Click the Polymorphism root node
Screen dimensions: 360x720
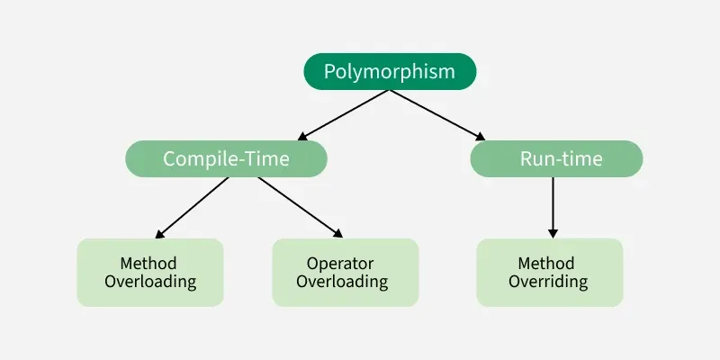tap(389, 72)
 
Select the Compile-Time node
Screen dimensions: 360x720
tap(226, 159)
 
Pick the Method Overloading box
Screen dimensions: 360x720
tap(150, 272)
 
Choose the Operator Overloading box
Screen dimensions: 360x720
tap(346, 272)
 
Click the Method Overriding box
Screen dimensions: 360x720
tap(549, 272)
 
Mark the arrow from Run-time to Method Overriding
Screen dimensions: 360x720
tap(553, 205)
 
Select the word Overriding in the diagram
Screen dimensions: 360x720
tap(548, 282)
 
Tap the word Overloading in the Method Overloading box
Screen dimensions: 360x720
tap(150, 282)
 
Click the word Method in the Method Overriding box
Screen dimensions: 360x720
tap(545, 264)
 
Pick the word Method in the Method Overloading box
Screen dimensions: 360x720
tap(148, 264)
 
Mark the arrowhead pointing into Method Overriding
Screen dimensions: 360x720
tap(553, 231)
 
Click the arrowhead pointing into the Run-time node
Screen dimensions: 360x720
tap(481, 138)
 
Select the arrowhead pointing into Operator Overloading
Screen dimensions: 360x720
tap(337, 233)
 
